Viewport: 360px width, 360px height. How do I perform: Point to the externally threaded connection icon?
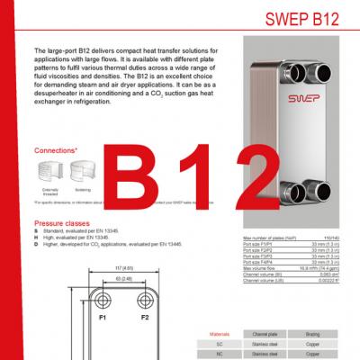click(x=50, y=170)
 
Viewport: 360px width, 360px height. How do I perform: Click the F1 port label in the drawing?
click(x=103, y=318)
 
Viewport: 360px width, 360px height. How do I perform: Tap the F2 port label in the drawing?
click(x=144, y=318)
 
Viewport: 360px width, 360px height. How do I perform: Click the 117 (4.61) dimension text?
click(x=124, y=268)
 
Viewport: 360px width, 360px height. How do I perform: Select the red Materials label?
click(x=219, y=331)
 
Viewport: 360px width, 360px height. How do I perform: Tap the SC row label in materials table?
click(x=219, y=343)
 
